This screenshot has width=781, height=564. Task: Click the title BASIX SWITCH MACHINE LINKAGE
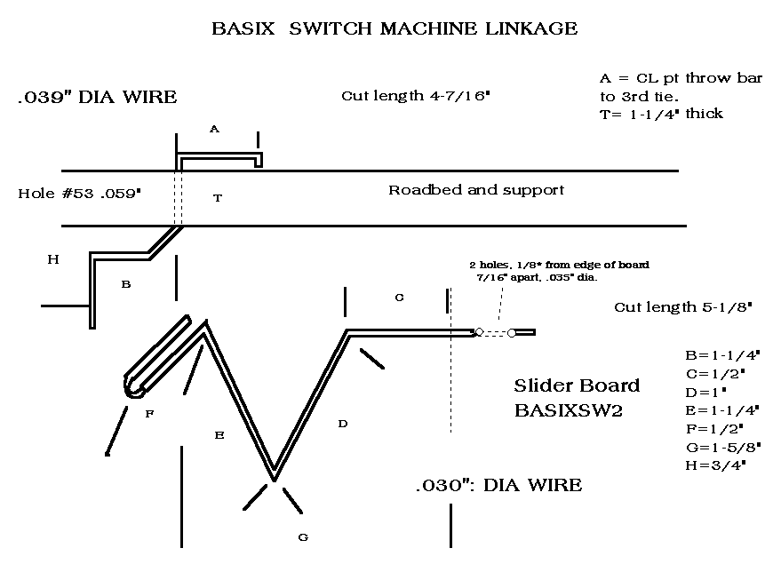(394, 28)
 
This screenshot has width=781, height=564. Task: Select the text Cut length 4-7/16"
(416, 96)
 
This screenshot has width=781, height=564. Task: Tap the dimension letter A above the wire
(214, 129)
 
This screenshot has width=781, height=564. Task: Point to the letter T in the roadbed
(218, 199)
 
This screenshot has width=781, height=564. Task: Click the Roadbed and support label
(476, 190)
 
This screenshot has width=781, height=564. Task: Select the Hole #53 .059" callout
(79, 192)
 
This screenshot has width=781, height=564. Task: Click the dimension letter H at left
(53, 259)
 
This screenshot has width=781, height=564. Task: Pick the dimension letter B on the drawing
(126, 284)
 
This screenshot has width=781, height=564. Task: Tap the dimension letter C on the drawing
(399, 298)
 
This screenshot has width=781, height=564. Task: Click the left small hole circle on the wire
(479, 332)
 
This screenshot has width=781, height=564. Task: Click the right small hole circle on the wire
(512, 333)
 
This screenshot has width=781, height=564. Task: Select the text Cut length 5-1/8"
(683, 307)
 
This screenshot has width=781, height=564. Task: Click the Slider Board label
(577, 386)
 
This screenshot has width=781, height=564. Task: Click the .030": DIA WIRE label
(498, 485)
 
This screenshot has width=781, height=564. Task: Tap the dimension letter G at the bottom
(303, 536)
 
